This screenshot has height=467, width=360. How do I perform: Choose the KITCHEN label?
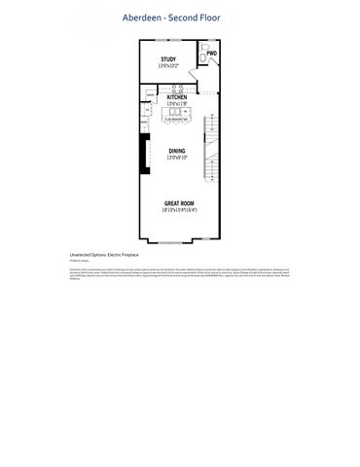176,97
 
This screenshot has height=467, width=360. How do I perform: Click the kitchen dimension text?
176,104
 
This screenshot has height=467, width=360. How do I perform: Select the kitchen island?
176,116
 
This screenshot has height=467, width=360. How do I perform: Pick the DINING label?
176,151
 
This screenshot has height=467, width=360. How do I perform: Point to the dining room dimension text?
176,158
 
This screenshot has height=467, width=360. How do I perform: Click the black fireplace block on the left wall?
142,153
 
